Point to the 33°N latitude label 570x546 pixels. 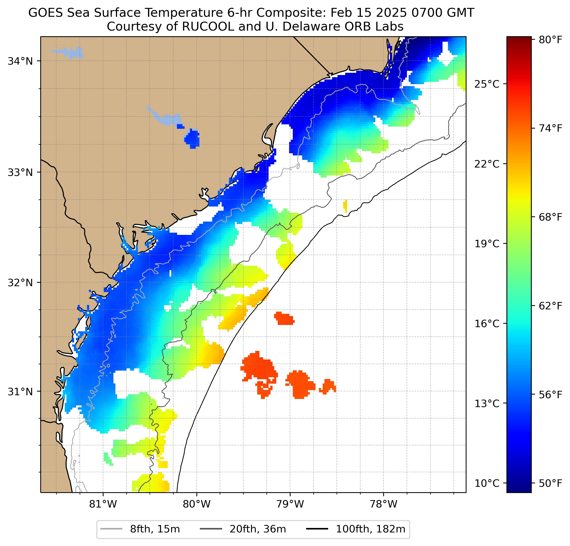20,172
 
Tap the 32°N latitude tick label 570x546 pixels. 20,282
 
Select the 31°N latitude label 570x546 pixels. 20,392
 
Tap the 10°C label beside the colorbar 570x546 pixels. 487,483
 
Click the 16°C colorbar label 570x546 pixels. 487,323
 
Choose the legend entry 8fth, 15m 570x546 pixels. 155,529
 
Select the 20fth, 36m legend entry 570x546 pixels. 258,529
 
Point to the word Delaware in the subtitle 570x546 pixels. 311,27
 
